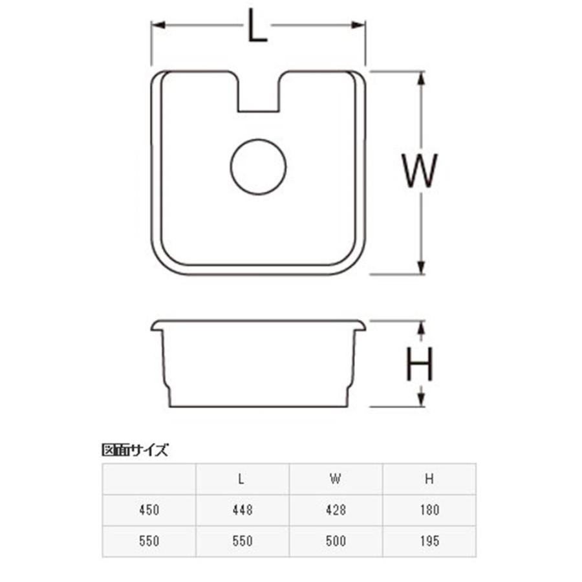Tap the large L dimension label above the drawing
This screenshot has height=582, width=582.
(257, 25)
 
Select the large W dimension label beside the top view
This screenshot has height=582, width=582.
(420, 171)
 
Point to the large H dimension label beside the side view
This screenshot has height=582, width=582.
(420, 364)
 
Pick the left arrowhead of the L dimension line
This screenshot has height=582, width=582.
(158, 25)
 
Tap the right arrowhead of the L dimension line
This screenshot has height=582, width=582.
(358, 25)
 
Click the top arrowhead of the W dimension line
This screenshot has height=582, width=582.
(421, 78)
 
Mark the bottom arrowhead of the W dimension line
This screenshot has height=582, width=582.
(421, 267)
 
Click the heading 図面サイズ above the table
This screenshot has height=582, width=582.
(135, 450)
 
